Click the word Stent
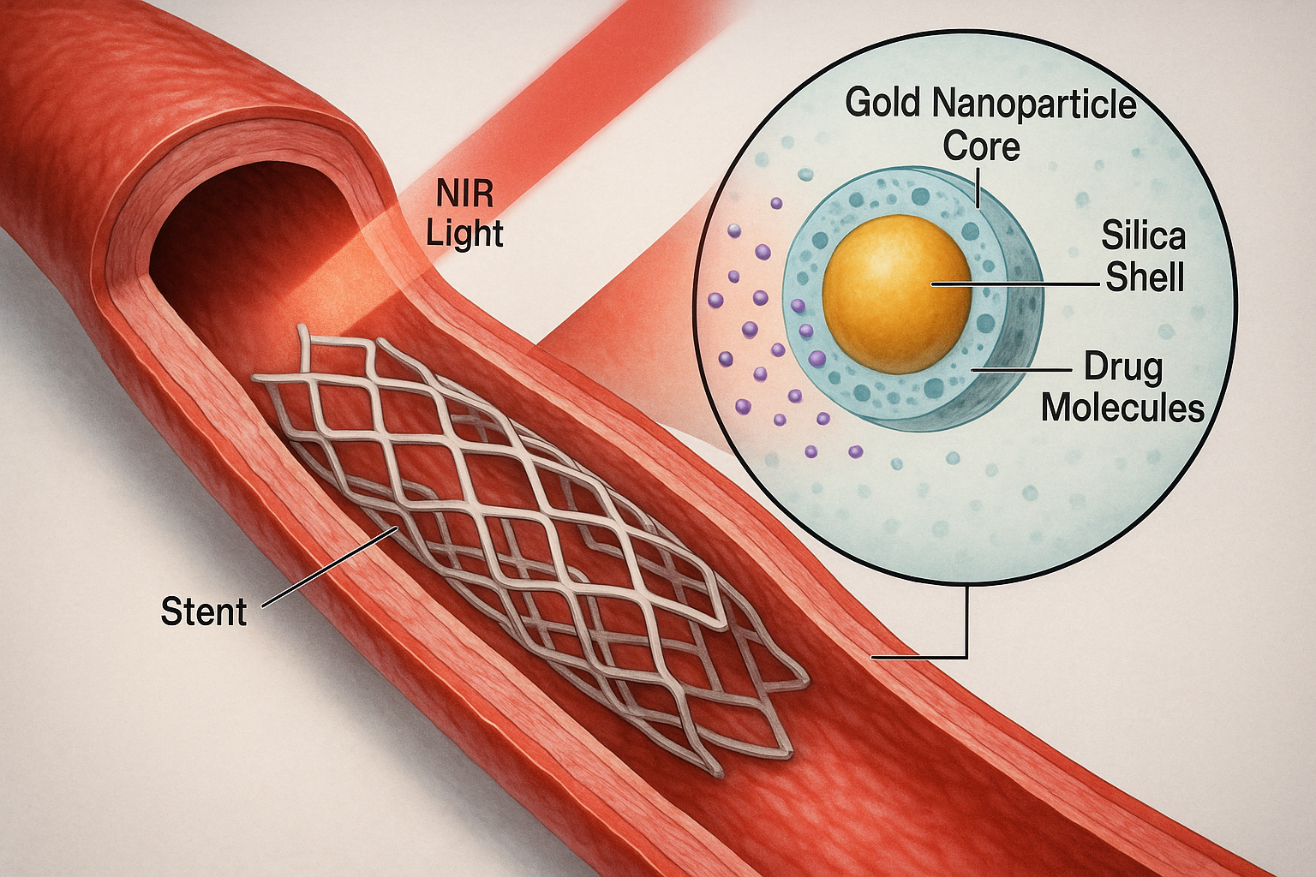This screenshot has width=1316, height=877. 204,612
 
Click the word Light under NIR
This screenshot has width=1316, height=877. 464,234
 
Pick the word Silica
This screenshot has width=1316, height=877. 1143,235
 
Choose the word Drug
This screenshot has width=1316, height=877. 1123,368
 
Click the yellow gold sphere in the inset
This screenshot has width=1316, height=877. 896,294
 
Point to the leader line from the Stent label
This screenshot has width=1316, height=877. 330,566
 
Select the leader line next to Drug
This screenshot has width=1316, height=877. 1020,370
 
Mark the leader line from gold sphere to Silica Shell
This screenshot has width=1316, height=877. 1014,284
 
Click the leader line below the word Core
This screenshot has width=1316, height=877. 978,187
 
